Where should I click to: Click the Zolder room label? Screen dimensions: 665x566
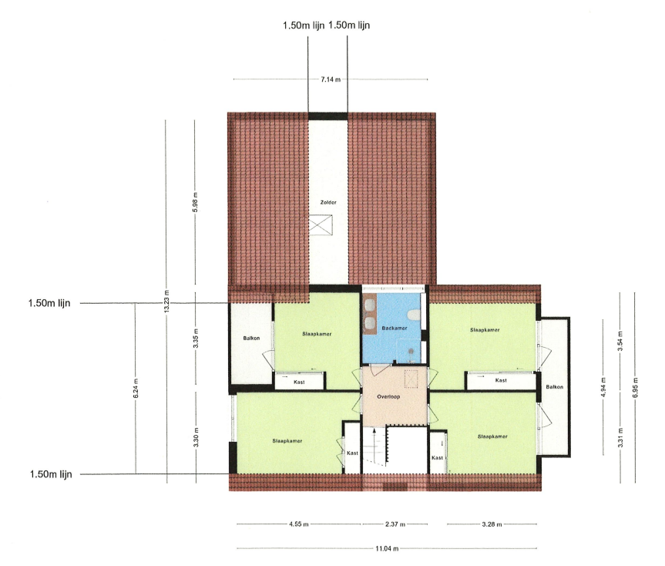328,202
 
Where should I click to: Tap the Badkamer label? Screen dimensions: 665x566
395,328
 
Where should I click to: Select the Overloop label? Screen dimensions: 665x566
388,396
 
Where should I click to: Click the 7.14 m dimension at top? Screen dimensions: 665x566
331,79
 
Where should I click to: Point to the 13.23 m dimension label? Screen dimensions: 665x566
166,302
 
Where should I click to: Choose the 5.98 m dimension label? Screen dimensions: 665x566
195,202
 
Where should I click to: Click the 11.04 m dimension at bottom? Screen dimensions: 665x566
387,548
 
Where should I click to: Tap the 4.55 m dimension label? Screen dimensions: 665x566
298,524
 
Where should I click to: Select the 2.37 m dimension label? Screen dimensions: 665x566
395,524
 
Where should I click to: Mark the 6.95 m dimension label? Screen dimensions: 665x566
635,388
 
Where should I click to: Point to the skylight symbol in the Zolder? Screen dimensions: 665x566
321,224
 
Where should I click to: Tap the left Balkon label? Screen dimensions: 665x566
251,339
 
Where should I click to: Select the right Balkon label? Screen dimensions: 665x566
555,387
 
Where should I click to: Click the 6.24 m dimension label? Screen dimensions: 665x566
136,388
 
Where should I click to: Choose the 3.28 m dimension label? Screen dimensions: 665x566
492,524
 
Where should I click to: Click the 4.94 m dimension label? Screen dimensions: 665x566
603,387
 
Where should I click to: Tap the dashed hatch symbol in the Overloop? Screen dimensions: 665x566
411,379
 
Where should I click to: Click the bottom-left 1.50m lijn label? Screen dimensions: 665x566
51,474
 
